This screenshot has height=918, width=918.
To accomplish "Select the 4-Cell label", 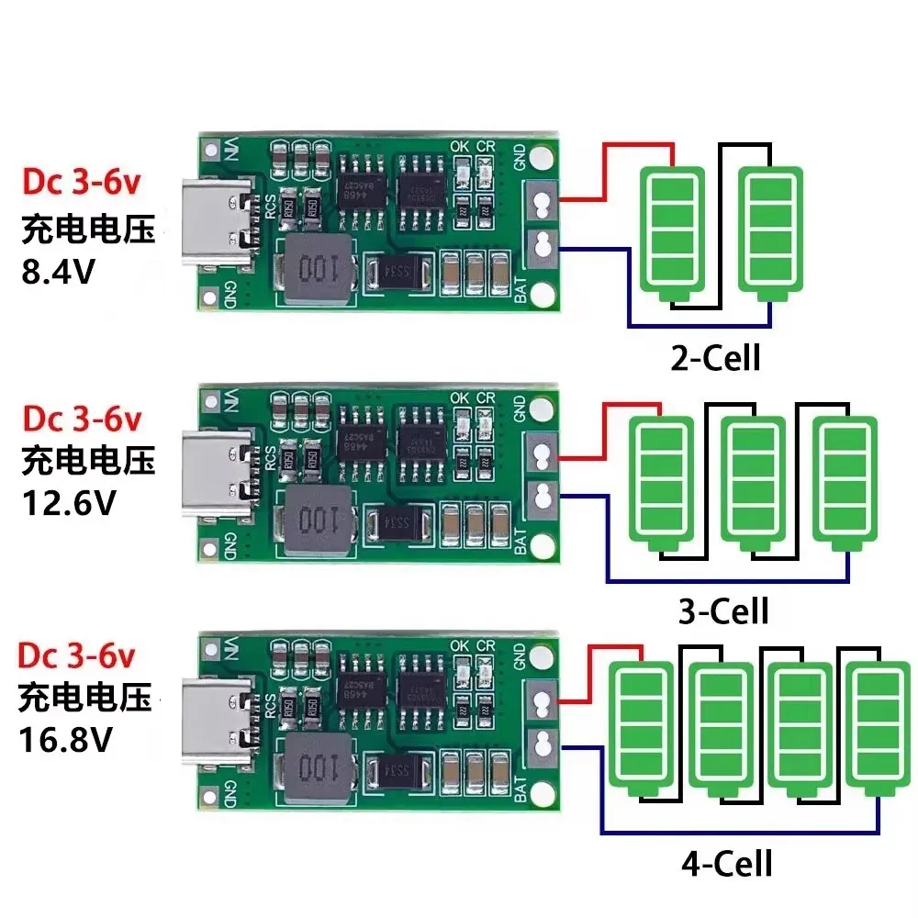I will tap(726, 863).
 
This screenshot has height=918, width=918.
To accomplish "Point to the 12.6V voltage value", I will tap(67, 504).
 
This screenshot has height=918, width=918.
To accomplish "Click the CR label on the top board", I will tap(487, 145).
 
